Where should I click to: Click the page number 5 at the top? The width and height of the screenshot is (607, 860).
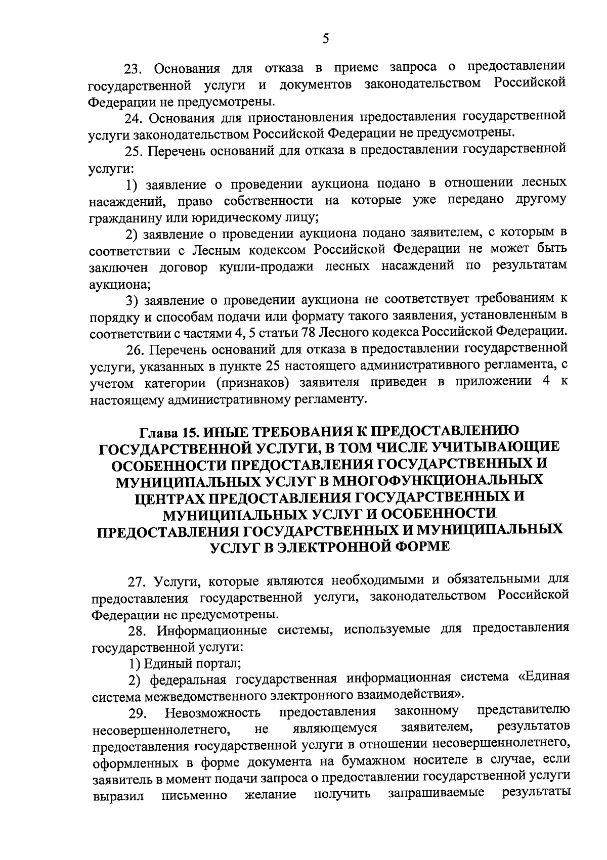click(x=325, y=39)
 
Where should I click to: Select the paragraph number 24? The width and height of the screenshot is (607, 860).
click(x=135, y=118)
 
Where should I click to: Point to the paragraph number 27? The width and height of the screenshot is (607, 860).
click(x=137, y=582)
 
